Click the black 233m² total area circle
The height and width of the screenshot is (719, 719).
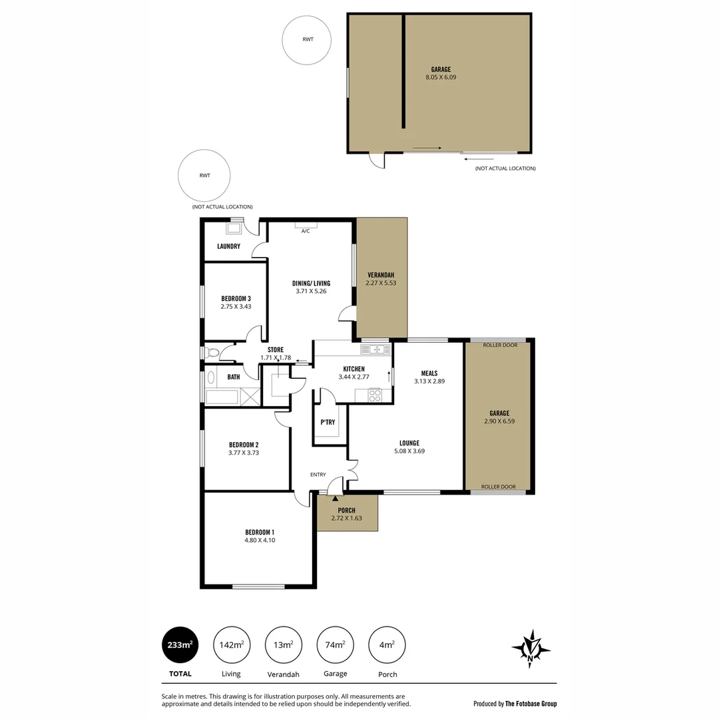(180, 644)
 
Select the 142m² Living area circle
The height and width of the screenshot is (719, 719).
(231, 644)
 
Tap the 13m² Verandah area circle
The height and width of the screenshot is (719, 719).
(284, 644)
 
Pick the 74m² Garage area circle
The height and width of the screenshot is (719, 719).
(335, 644)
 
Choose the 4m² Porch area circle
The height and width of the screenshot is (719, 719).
(387, 644)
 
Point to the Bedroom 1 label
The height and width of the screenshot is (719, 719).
(260, 532)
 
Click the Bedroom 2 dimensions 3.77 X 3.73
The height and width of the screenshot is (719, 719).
(244, 453)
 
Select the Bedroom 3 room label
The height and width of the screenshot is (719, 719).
(236, 298)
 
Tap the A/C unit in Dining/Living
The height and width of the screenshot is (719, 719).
(306, 225)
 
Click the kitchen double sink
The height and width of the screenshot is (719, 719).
(376, 349)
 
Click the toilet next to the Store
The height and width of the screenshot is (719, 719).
(212, 352)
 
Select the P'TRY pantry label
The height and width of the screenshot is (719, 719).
(328, 423)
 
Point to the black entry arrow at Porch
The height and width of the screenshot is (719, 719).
(335, 497)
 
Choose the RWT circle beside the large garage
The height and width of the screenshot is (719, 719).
(307, 40)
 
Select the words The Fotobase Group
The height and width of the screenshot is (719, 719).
(531, 704)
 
